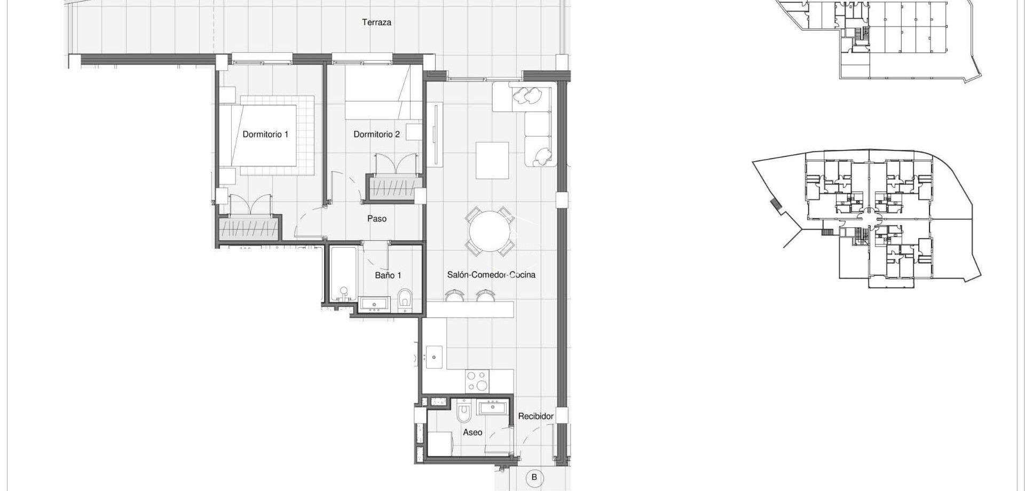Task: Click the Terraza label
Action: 376,22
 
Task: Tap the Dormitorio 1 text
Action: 265,134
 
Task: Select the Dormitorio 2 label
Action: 376,134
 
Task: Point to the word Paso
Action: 377,219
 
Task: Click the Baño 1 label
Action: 388,275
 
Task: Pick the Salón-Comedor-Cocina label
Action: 491,275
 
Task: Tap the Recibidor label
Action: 535,416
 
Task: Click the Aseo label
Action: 472,432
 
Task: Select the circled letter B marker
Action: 534,478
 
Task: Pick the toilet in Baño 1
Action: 405,300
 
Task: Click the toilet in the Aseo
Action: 464,414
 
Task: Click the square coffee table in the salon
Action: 492,160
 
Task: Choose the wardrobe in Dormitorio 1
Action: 249,229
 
